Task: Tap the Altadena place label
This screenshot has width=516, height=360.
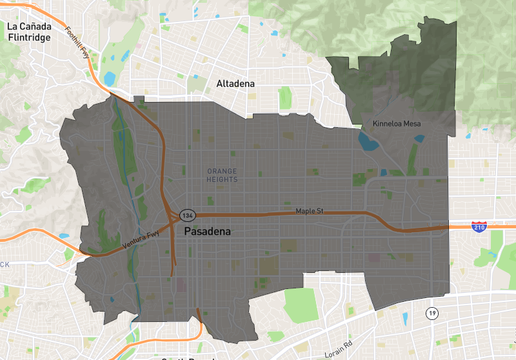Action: click(x=235, y=84)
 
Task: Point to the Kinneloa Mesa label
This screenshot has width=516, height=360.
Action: click(x=396, y=123)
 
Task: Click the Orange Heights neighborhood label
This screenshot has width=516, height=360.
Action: click(x=223, y=175)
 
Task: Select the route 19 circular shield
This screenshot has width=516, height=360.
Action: click(x=432, y=314)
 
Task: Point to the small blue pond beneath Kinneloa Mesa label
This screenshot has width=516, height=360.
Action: click(x=419, y=137)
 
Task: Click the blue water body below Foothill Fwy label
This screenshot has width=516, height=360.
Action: click(x=109, y=79)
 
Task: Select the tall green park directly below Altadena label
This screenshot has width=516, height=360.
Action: click(x=284, y=97)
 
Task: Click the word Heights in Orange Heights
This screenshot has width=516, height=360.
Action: click(x=223, y=179)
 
